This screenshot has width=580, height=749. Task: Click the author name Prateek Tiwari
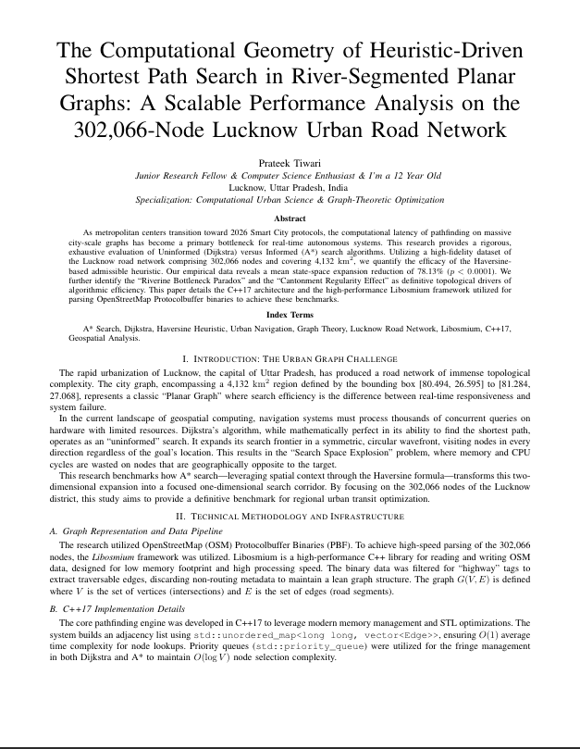(290, 161)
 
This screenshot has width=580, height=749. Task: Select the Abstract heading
(290, 218)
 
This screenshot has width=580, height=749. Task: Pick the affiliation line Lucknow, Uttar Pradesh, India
(290, 185)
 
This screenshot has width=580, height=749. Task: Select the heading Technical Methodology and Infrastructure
(290, 516)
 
